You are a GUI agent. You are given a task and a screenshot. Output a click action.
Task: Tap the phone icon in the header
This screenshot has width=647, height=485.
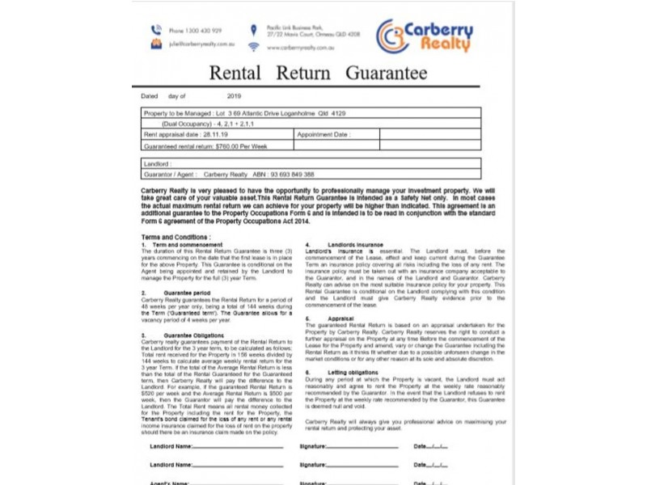coord(156,30)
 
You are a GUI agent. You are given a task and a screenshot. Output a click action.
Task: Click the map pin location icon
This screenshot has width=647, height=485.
coord(253,30)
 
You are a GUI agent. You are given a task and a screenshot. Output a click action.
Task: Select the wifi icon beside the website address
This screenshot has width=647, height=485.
coord(253,47)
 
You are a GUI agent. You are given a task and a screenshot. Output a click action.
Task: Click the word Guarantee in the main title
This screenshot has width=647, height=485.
coord(386,73)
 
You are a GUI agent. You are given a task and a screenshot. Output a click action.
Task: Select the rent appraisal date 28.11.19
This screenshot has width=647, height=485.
coord(214,135)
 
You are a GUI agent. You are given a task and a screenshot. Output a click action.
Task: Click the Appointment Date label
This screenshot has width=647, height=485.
coord(323,135)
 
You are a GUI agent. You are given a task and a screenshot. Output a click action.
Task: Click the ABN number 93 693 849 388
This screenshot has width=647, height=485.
coord(282,174)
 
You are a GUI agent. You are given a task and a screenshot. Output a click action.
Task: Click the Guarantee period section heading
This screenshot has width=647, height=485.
coord(171,292)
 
